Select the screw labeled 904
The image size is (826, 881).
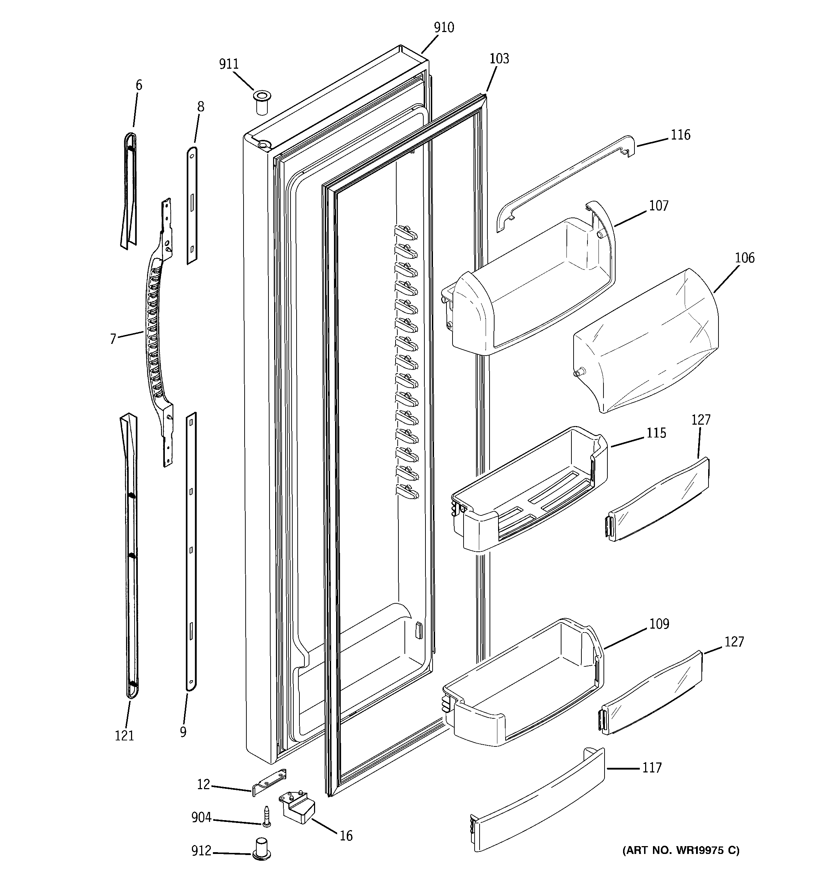[x=266, y=816]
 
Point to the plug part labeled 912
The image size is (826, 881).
[x=261, y=848]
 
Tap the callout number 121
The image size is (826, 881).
[x=124, y=736]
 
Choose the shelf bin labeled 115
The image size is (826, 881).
[x=528, y=492]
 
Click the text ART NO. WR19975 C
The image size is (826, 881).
[x=681, y=850]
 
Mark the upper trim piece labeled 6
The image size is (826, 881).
[x=129, y=190]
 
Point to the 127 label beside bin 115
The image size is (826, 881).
[x=701, y=420]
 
